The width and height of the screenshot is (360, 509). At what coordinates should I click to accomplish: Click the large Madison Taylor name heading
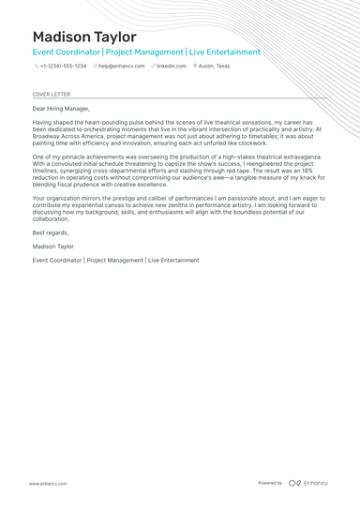click(x=84, y=36)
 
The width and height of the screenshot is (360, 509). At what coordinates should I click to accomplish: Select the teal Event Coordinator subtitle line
click(x=146, y=52)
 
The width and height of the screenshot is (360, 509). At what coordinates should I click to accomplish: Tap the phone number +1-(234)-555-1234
click(x=63, y=67)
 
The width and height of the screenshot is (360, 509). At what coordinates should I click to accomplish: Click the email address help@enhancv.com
click(x=122, y=67)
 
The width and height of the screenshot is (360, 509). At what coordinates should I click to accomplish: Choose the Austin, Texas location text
click(x=214, y=67)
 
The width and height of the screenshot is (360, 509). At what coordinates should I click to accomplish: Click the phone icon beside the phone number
click(x=36, y=67)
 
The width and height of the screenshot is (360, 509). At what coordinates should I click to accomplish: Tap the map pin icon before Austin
click(x=195, y=67)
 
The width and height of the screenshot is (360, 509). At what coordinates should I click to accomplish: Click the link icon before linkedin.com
click(x=153, y=67)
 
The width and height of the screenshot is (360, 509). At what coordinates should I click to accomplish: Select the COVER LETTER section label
click(x=51, y=95)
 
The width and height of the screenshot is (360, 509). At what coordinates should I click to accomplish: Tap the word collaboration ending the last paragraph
click(x=52, y=218)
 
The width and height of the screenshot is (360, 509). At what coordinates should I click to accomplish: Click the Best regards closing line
click(x=50, y=232)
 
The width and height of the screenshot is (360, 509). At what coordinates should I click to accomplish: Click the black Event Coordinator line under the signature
click(x=115, y=260)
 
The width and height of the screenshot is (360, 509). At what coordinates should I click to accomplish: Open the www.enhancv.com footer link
click(x=47, y=483)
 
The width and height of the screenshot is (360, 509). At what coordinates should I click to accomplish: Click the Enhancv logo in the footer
click(x=309, y=483)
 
